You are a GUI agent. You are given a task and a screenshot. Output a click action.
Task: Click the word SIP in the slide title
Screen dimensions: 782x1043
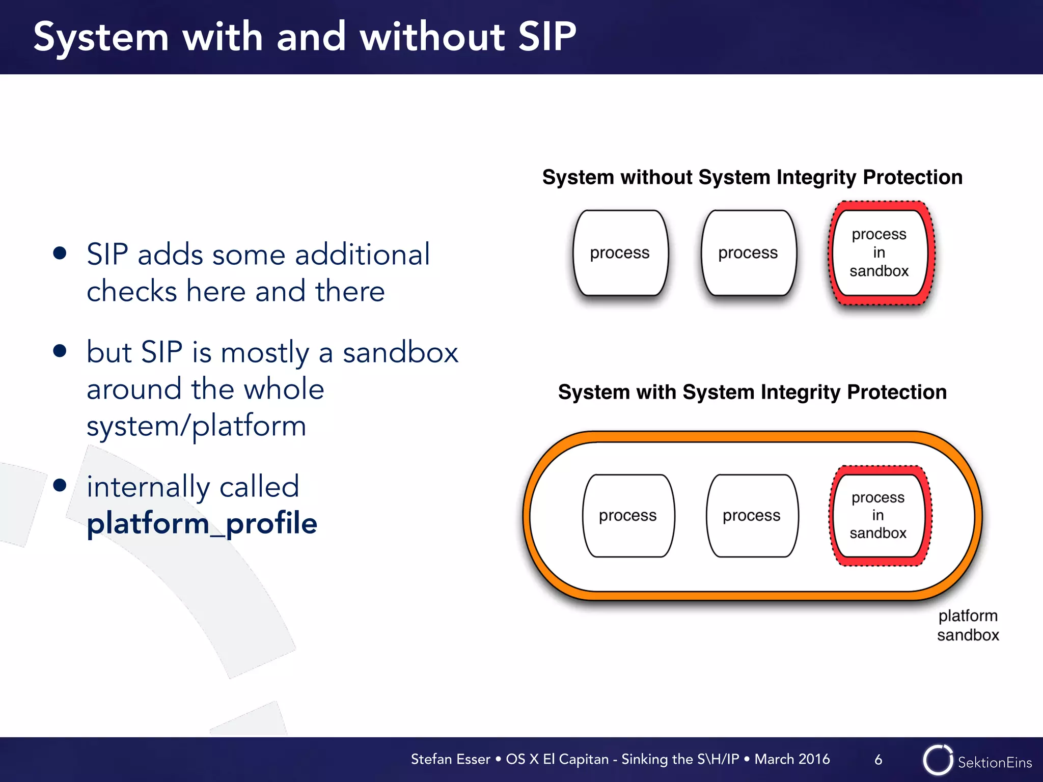click(547, 37)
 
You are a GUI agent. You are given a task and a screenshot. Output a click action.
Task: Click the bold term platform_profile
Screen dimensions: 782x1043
click(202, 523)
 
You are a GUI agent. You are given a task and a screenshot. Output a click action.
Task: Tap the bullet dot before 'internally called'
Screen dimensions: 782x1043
click(60, 485)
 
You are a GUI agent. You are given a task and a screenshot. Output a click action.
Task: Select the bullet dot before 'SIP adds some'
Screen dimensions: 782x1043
click(60, 253)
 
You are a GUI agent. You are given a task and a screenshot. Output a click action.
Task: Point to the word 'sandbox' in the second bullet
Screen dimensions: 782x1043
click(400, 352)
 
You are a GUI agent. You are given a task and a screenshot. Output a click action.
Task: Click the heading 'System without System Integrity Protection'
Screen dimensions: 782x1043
click(752, 177)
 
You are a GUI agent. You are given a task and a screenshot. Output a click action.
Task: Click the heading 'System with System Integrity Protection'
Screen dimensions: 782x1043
click(752, 392)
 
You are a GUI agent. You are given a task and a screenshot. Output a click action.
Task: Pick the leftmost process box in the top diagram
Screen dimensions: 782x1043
click(620, 253)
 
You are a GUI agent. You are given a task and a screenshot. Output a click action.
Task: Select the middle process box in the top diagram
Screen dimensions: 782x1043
click(748, 253)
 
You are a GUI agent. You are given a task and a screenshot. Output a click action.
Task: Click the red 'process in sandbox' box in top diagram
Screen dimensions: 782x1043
click(880, 253)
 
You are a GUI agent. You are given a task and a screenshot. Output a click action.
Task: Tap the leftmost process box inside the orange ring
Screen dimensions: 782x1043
click(628, 516)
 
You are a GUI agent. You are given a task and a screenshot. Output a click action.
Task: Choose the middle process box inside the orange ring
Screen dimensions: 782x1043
click(752, 516)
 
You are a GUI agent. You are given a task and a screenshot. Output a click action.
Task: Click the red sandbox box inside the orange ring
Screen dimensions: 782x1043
click(879, 516)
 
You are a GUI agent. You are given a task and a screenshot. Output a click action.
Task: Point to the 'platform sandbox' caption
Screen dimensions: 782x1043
click(968, 625)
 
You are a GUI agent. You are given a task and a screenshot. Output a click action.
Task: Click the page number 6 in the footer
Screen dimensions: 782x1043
click(878, 760)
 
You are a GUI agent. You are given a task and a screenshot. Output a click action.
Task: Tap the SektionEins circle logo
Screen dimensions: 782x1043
click(938, 760)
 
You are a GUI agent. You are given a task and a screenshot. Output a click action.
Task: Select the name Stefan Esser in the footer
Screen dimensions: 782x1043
click(450, 759)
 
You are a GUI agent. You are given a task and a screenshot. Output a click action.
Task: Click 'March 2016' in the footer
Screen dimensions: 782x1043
click(792, 759)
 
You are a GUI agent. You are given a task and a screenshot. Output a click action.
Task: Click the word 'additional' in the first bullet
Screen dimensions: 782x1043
click(363, 254)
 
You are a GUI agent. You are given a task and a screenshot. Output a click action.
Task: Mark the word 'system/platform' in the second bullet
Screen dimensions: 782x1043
click(197, 426)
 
